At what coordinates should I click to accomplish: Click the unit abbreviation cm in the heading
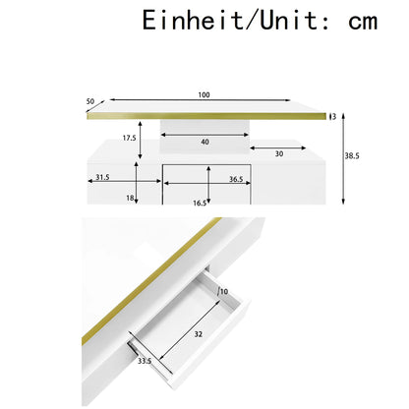click(x=363, y=23)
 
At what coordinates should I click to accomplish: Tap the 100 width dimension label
click(x=204, y=95)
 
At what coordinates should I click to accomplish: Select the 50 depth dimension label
click(x=90, y=101)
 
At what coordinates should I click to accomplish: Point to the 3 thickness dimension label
click(x=334, y=117)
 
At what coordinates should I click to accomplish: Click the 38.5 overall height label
click(x=352, y=156)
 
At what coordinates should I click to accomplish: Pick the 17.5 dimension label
click(x=129, y=138)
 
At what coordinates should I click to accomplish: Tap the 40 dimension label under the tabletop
click(x=204, y=142)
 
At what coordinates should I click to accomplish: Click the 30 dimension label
click(x=279, y=153)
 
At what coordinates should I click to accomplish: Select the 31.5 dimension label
click(x=102, y=177)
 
